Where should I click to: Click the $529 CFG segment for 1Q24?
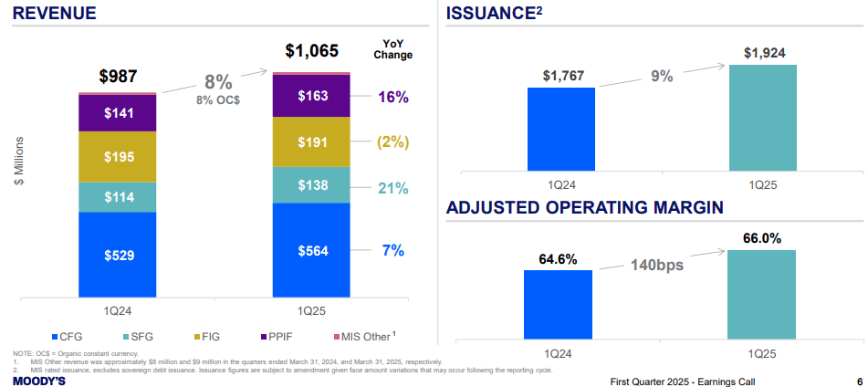click(x=118, y=255)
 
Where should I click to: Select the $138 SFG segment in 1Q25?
click(x=311, y=185)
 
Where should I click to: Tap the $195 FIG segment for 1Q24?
click(x=118, y=157)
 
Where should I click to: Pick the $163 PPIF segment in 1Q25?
click(x=311, y=96)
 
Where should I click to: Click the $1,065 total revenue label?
click(x=311, y=50)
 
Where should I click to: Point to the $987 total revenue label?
click(x=118, y=76)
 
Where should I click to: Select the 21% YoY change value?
click(x=392, y=188)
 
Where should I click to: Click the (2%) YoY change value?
click(x=392, y=142)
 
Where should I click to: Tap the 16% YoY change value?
click(x=392, y=97)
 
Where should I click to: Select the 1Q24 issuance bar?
click(x=560, y=129)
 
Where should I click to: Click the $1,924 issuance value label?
click(x=764, y=53)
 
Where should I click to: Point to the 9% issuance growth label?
click(x=662, y=76)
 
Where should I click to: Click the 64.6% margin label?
click(x=558, y=259)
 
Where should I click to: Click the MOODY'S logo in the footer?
click(x=38, y=381)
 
